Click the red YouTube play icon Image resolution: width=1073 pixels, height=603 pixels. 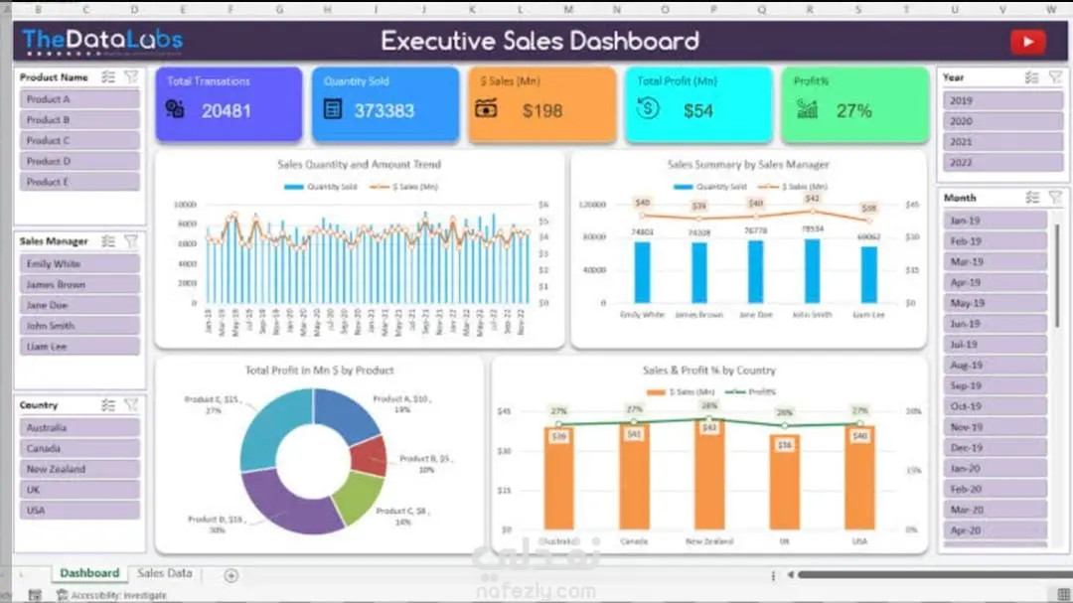(1027, 42)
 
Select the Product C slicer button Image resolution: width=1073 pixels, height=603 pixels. (79, 140)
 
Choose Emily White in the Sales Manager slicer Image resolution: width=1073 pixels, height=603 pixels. (79, 264)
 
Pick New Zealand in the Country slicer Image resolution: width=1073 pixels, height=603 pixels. (79, 469)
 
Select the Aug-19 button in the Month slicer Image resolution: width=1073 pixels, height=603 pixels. (995, 366)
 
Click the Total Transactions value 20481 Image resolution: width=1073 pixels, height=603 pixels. (227, 110)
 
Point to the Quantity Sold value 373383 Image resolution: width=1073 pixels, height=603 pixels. (383, 110)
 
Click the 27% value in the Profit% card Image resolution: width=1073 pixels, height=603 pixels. (853, 110)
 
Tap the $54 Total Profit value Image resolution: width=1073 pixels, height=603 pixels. (697, 110)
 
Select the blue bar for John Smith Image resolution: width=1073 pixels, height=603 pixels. (812, 270)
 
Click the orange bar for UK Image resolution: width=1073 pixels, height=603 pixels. (784, 482)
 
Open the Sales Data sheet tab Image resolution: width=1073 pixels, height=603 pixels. (165, 573)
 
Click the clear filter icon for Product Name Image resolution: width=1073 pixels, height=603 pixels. (131, 76)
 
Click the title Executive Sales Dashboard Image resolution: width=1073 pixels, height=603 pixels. (539, 41)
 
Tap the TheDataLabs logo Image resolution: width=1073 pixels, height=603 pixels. (102, 41)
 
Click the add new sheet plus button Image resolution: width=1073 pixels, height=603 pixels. (231, 575)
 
